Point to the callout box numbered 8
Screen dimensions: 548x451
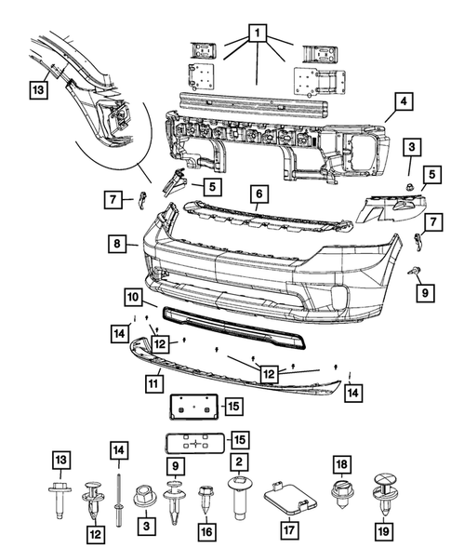tap(117, 244)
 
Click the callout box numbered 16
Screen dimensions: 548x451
tap(206, 532)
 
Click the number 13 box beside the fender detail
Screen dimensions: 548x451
tap(37, 90)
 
